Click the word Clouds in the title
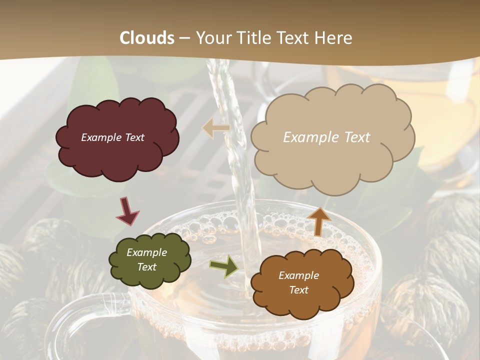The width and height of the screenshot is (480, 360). (147, 38)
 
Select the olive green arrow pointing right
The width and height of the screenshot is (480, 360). (224, 265)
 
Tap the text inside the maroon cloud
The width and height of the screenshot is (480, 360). (112, 137)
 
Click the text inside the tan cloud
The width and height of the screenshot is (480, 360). (326, 137)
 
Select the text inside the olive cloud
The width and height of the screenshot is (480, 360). (146, 259)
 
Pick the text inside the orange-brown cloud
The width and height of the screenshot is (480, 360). (298, 282)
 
